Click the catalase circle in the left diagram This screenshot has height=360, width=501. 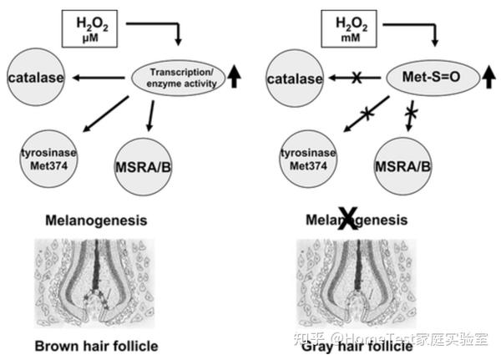pyautogui.click(x=36, y=79)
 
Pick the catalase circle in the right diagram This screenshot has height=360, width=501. pyautogui.click(x=293, y=79)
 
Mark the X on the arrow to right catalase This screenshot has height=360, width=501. pyautogui.click(x=356, y=79)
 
